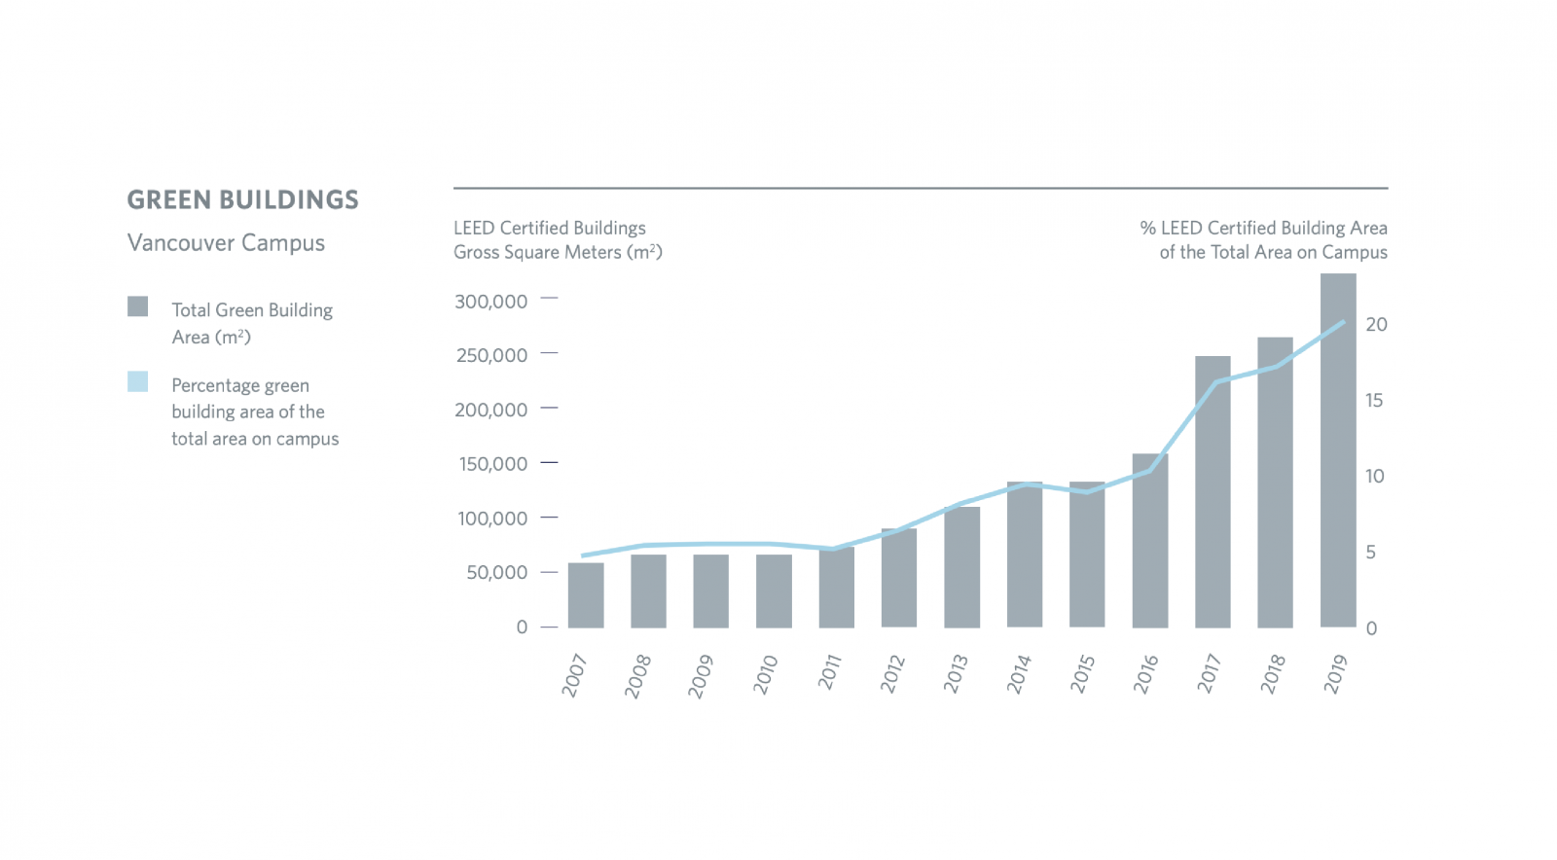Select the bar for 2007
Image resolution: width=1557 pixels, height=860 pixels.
586,595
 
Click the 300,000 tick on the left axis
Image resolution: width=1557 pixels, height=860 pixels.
490,302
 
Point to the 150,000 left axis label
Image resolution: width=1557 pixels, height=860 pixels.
492,464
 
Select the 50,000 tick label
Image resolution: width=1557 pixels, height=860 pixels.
496,573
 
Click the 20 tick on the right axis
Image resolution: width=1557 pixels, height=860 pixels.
1376,325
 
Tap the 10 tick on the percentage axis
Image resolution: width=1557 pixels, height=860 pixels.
1374,477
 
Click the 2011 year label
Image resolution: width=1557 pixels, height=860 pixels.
829,672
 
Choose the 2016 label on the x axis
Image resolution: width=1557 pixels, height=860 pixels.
1145,674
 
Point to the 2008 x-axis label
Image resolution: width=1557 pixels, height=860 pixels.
638,676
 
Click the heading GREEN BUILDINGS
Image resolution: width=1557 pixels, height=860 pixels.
242,200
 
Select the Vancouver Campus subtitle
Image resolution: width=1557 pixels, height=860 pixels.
226,243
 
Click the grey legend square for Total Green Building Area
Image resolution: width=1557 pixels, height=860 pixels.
138,307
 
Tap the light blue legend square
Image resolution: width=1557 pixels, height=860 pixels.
138,382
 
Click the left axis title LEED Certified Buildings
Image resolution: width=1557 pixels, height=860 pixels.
549,228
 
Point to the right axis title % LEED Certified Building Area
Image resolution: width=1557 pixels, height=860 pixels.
1263,228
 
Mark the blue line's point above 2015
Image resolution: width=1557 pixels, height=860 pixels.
1087,492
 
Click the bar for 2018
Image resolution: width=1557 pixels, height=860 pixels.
1275,483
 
